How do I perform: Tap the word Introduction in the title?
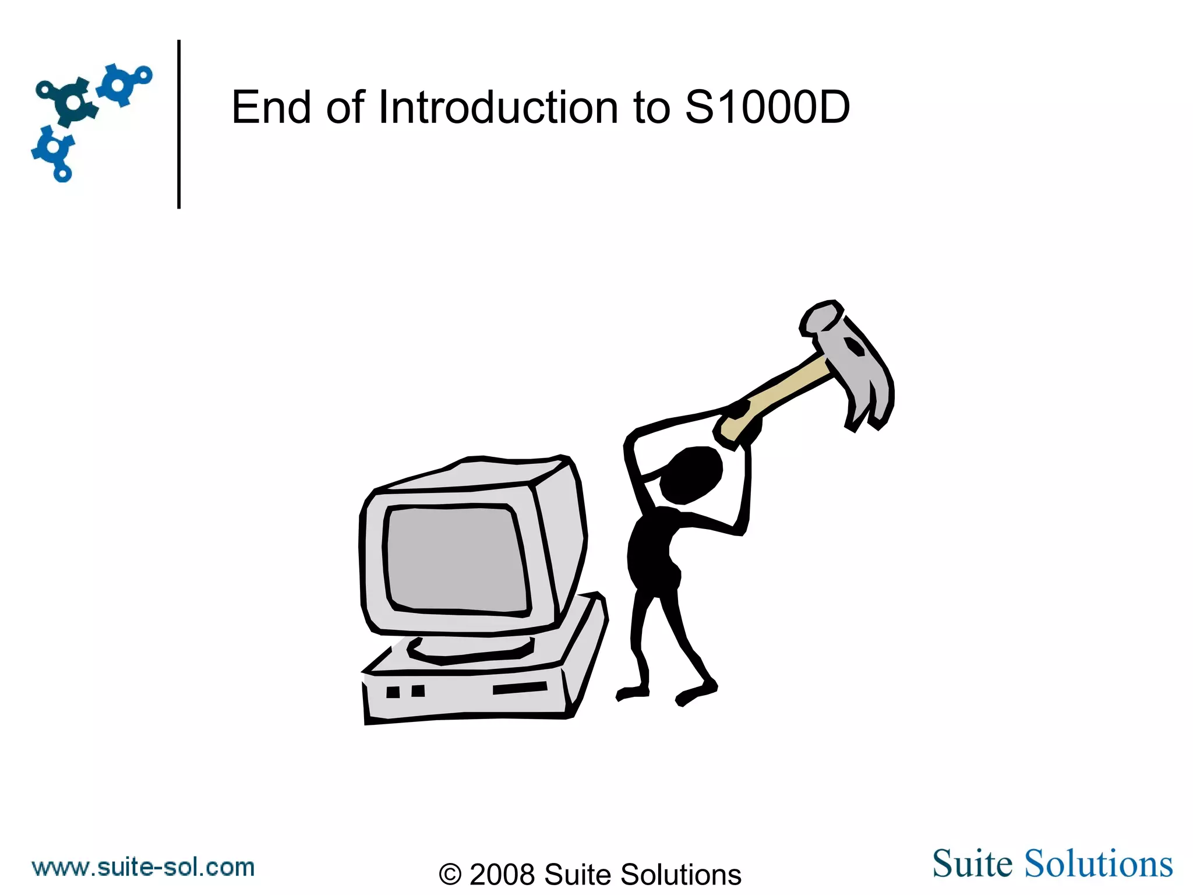click(x=498, y=107)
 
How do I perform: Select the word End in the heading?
click(x=271, y=107)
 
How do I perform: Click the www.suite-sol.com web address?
click(x=143, y=868)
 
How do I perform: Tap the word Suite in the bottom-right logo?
click(x=973, y=864)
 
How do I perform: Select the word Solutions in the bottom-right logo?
click(x=1099, y=864)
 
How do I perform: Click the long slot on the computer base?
click(x=520, y=688)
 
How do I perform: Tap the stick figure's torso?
click(x=652, y=554)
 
